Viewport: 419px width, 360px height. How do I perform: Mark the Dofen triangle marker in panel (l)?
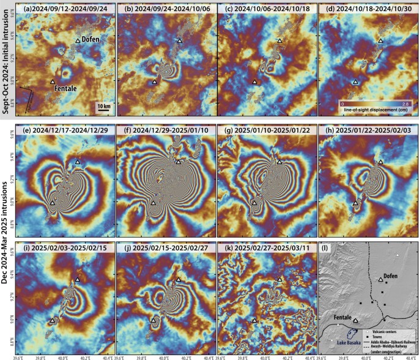(x=380, y=280)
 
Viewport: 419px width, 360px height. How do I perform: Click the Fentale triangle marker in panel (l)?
(x=355, y=320)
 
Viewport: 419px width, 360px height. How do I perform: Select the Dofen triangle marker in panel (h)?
(x=381, y=162)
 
